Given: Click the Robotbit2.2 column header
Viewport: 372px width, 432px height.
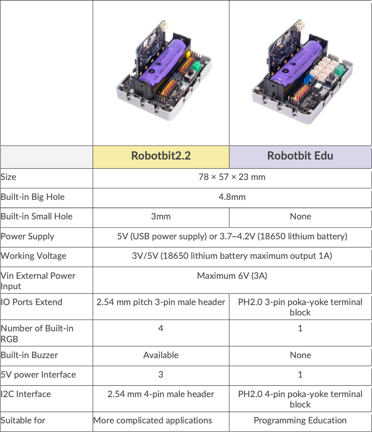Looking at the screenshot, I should click(x=161, y=156).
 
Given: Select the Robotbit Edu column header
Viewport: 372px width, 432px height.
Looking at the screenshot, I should click(x=300, y=156).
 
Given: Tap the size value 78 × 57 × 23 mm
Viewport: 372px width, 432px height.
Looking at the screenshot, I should click(x=232, y=177).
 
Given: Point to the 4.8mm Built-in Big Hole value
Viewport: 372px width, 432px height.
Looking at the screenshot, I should click(x=232, y=197).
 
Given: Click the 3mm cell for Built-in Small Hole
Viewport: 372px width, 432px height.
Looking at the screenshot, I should click(x=161, y=216).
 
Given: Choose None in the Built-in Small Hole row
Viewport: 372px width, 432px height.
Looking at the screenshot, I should click(x=300, y=216).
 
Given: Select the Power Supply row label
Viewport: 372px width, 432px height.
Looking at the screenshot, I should click(x=28, y=236).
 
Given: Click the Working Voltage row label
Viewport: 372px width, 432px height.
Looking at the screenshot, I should click(x=34, y=256).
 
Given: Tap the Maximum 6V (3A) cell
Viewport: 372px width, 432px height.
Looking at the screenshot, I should click(x=232, y=276).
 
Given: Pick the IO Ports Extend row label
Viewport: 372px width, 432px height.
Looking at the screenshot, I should click(x=31, y=302).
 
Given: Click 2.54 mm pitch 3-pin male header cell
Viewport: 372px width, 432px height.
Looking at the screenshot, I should click(x=161, y=302).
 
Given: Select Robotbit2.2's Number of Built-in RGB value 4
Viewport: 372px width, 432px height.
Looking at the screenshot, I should click(x=161, y=328).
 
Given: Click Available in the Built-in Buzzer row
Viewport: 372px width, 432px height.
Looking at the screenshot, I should click(x=161, y=355).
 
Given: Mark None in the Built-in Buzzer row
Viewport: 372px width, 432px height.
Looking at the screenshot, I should click(x=300, y=355).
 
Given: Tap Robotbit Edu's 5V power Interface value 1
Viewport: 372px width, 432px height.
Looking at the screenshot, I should click(x=300, y=374).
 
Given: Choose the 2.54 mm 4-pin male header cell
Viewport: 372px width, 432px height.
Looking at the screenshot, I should click(x=161, y=394).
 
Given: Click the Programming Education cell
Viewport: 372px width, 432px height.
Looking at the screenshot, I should click(x=300, y=420).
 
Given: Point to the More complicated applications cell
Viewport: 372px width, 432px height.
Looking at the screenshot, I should click(x=153, y=420).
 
